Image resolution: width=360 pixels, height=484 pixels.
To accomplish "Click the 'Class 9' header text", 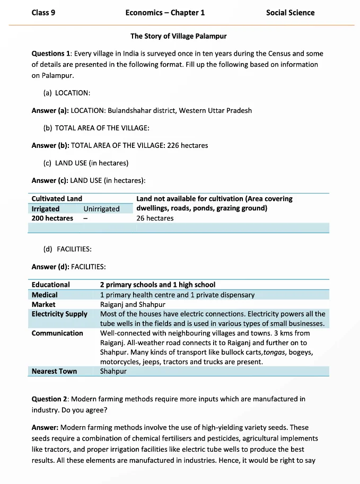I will pyautogui.click(x=43, y=13).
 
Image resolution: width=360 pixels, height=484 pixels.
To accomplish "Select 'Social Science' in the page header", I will pyautogui.click(x=290, y=13).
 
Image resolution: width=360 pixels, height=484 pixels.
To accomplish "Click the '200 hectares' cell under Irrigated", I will pyautogui.click(x=52, y=218).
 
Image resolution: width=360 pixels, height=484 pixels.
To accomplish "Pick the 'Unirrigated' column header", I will pyautogui.click(x=101, y=209).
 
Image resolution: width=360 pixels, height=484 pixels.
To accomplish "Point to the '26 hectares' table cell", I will pyautogui.click(x=155, y=218).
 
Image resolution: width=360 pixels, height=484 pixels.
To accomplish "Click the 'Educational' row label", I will pyautogui.click(x=51, y=285).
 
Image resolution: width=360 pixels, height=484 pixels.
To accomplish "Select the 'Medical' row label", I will pyautogui.click(x=45, y=295).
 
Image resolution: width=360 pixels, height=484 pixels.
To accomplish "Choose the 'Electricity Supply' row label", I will pyautogui.click(x=59, y=314).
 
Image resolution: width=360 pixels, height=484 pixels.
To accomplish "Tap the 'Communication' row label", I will pyautogui.click(x=57, y=333).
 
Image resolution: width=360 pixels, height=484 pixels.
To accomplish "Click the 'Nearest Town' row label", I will pyautogui.click(x=54, y=371).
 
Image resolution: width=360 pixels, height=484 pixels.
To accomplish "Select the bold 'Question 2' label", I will pyautogui.click(x=50, y=399).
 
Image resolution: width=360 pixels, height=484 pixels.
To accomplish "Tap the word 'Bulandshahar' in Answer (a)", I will pyautogui.click(x=130, y=111).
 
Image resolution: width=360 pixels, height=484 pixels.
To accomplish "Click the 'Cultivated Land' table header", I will pyautogui.click(x=57, y=199).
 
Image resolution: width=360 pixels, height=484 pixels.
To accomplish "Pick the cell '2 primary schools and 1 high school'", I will pyautogui.click(x=157, y=285).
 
